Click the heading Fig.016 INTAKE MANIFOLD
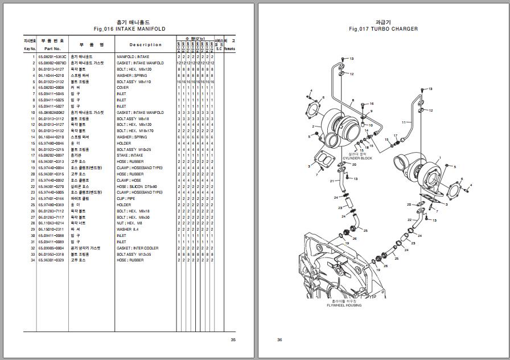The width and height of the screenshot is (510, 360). click(x=129, y=28)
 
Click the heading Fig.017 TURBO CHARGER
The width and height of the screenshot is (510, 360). click(x=383, y=28)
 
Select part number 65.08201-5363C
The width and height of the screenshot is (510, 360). click(x=52, y=57)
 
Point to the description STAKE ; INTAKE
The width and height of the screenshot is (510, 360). click(x=130, y=156)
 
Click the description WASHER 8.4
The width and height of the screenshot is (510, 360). click(x=128, y=230)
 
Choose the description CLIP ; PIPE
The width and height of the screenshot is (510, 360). click(x=126, y=199)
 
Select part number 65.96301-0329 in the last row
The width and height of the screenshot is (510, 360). click(x=52, y=260)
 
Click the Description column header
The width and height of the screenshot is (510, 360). click(x=145, y=45)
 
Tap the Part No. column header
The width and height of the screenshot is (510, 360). click(x=52, y=49)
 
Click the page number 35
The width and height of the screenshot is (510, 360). click(x=233, y=340)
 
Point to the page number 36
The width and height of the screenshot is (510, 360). click(x=279, y=340)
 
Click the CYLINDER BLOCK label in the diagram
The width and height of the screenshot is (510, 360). click(x=357, y=158)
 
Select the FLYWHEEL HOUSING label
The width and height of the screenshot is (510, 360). click(x=344, y=305)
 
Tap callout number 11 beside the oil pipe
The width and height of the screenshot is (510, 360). click(x=403, y=122)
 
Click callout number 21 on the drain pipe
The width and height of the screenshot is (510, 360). click(x=332, y=181)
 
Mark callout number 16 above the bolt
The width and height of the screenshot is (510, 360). click(x=371, y=104)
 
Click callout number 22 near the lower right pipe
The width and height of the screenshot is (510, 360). click(x=409, y=219)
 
